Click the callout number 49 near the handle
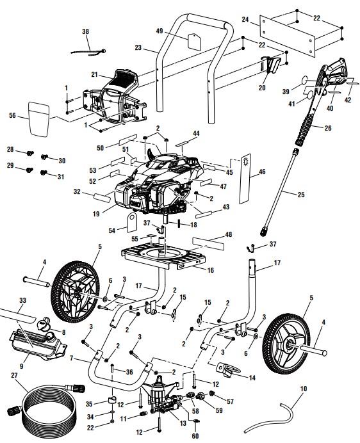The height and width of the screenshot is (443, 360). (160, 31)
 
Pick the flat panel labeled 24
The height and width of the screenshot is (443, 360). (301, 30)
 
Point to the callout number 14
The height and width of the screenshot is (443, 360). (250, 378)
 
